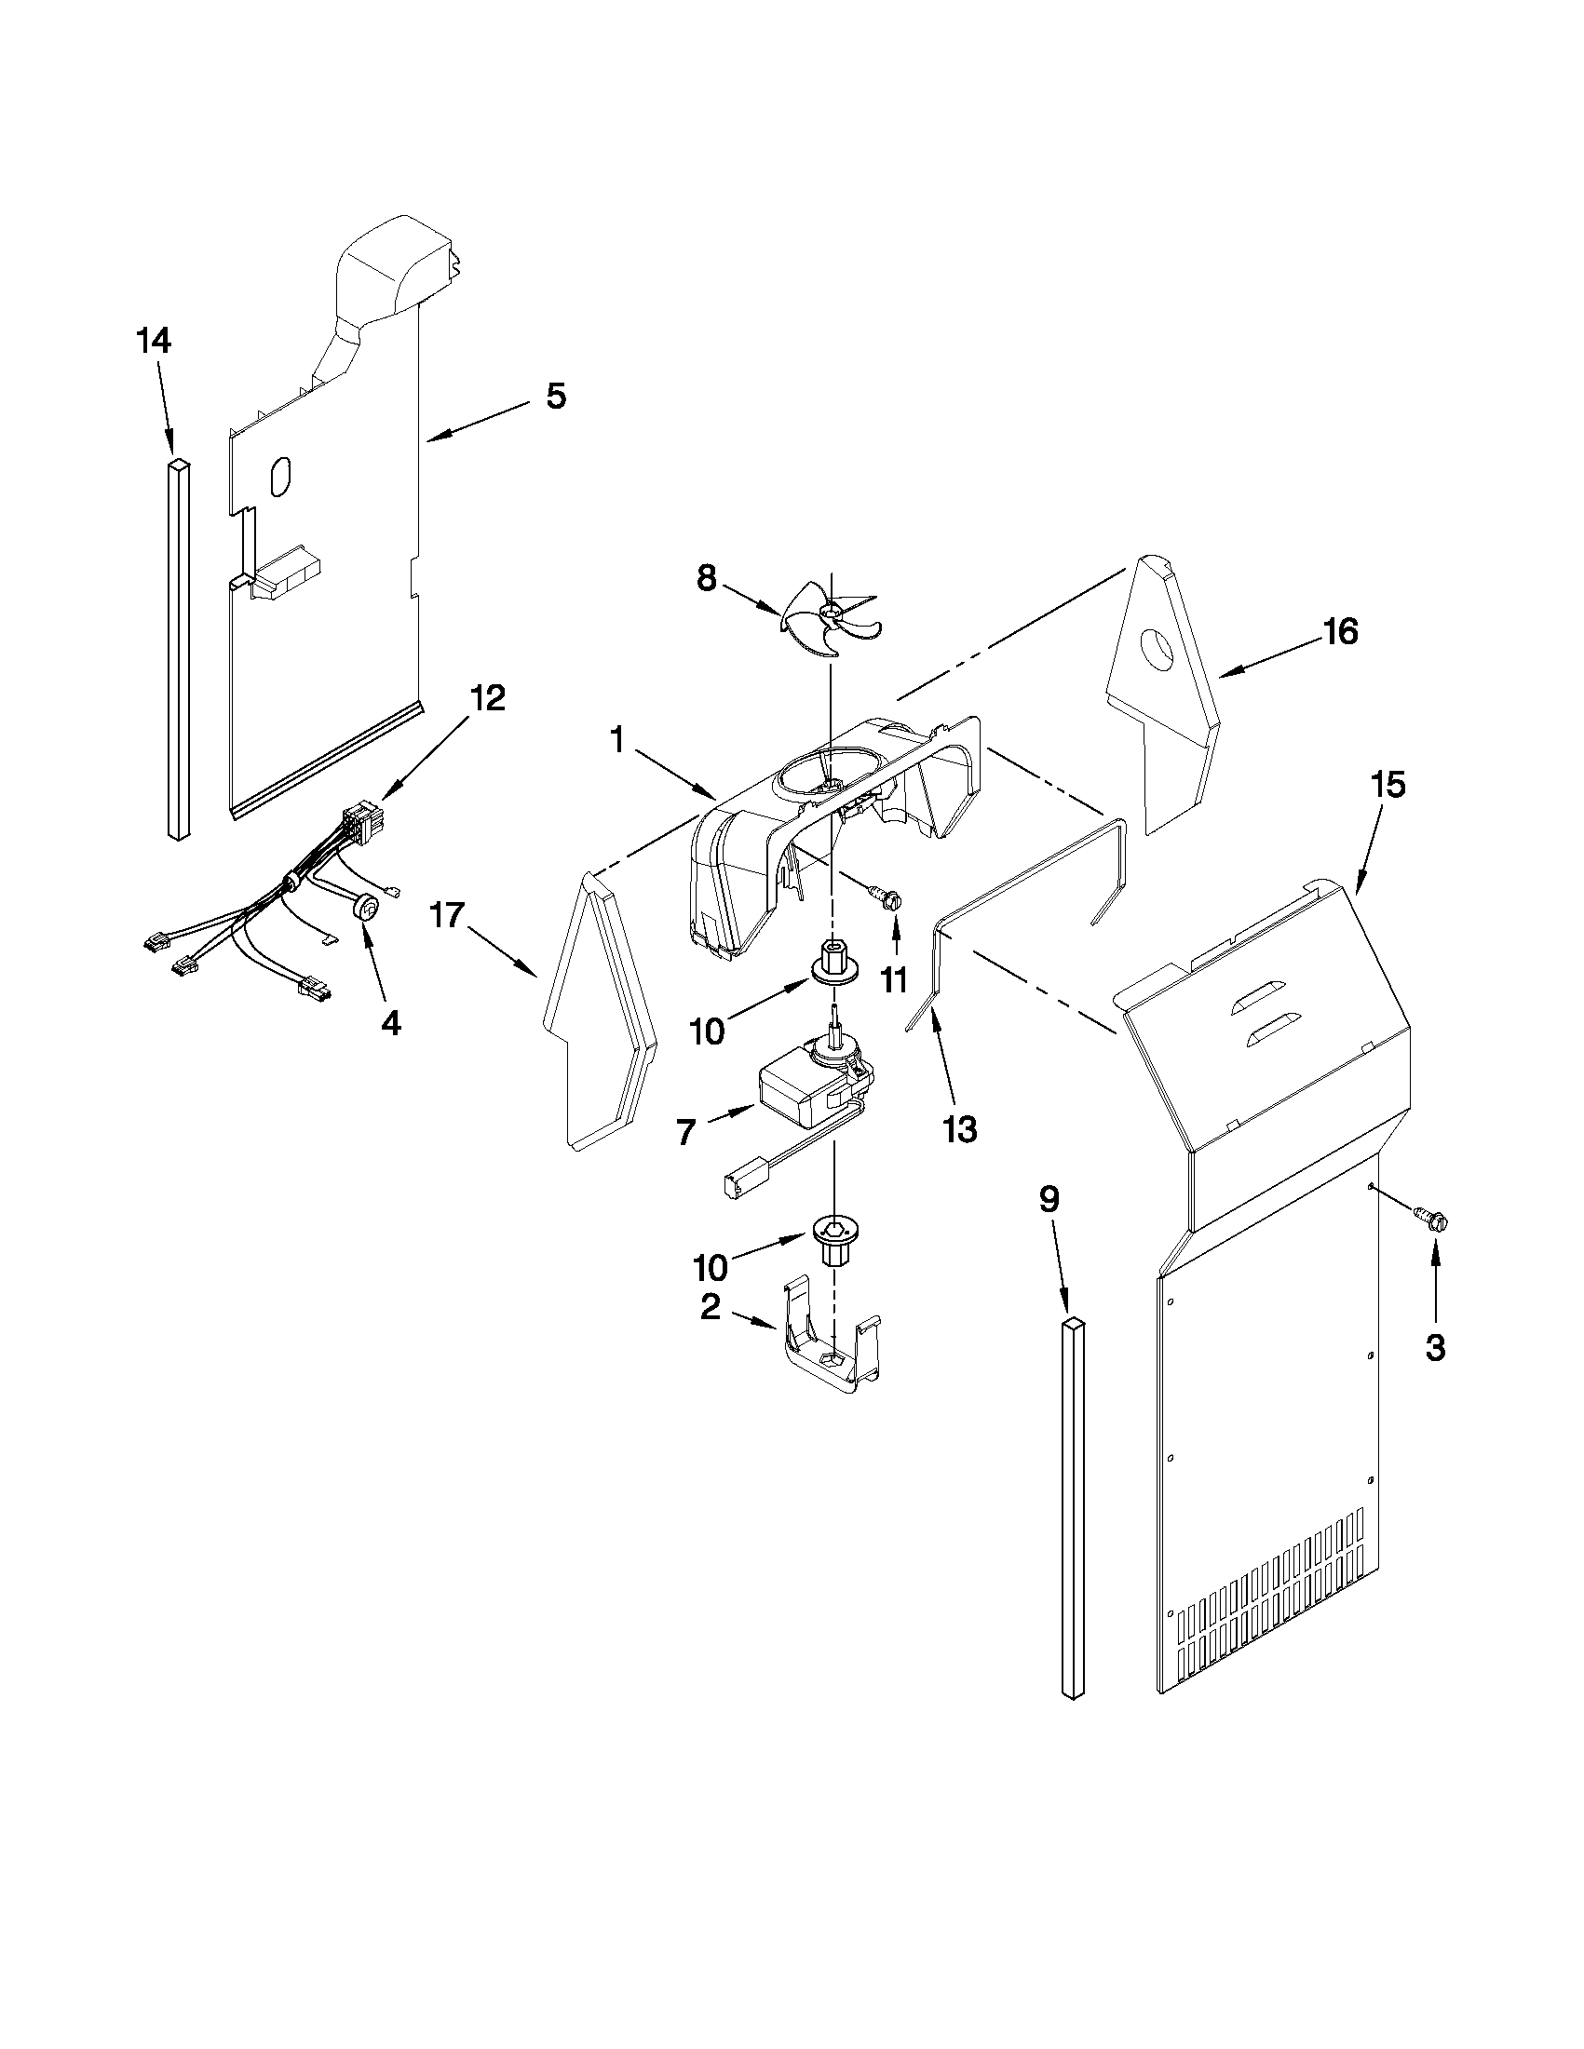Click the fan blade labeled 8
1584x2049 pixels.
[x=826, y=619]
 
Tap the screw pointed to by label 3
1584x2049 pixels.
[x=1430, y=1220]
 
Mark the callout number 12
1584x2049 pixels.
[x=487, y=697]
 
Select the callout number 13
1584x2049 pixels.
[x=960, y=1129]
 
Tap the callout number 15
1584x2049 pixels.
[x=1388, y=785]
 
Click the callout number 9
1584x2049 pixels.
[x=1049, y=1198]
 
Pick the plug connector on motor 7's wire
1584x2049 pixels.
[x=738, y=1185]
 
